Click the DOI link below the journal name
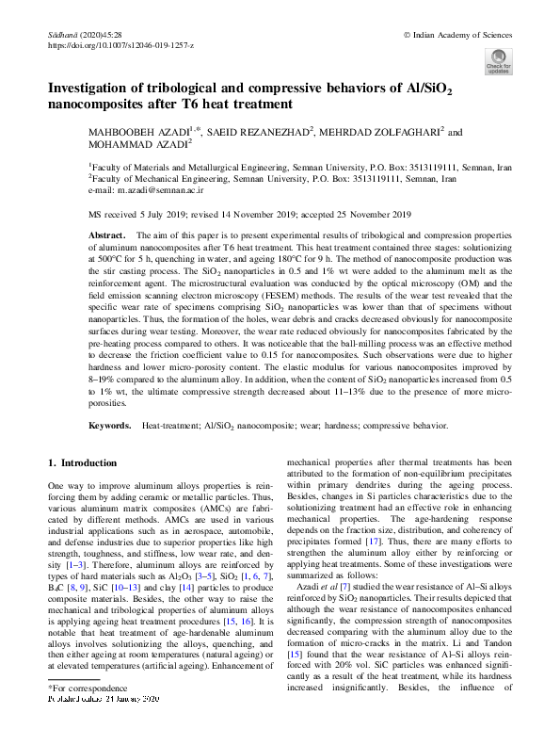[120, 44]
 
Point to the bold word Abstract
[106, 232]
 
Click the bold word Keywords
[109, 427]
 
